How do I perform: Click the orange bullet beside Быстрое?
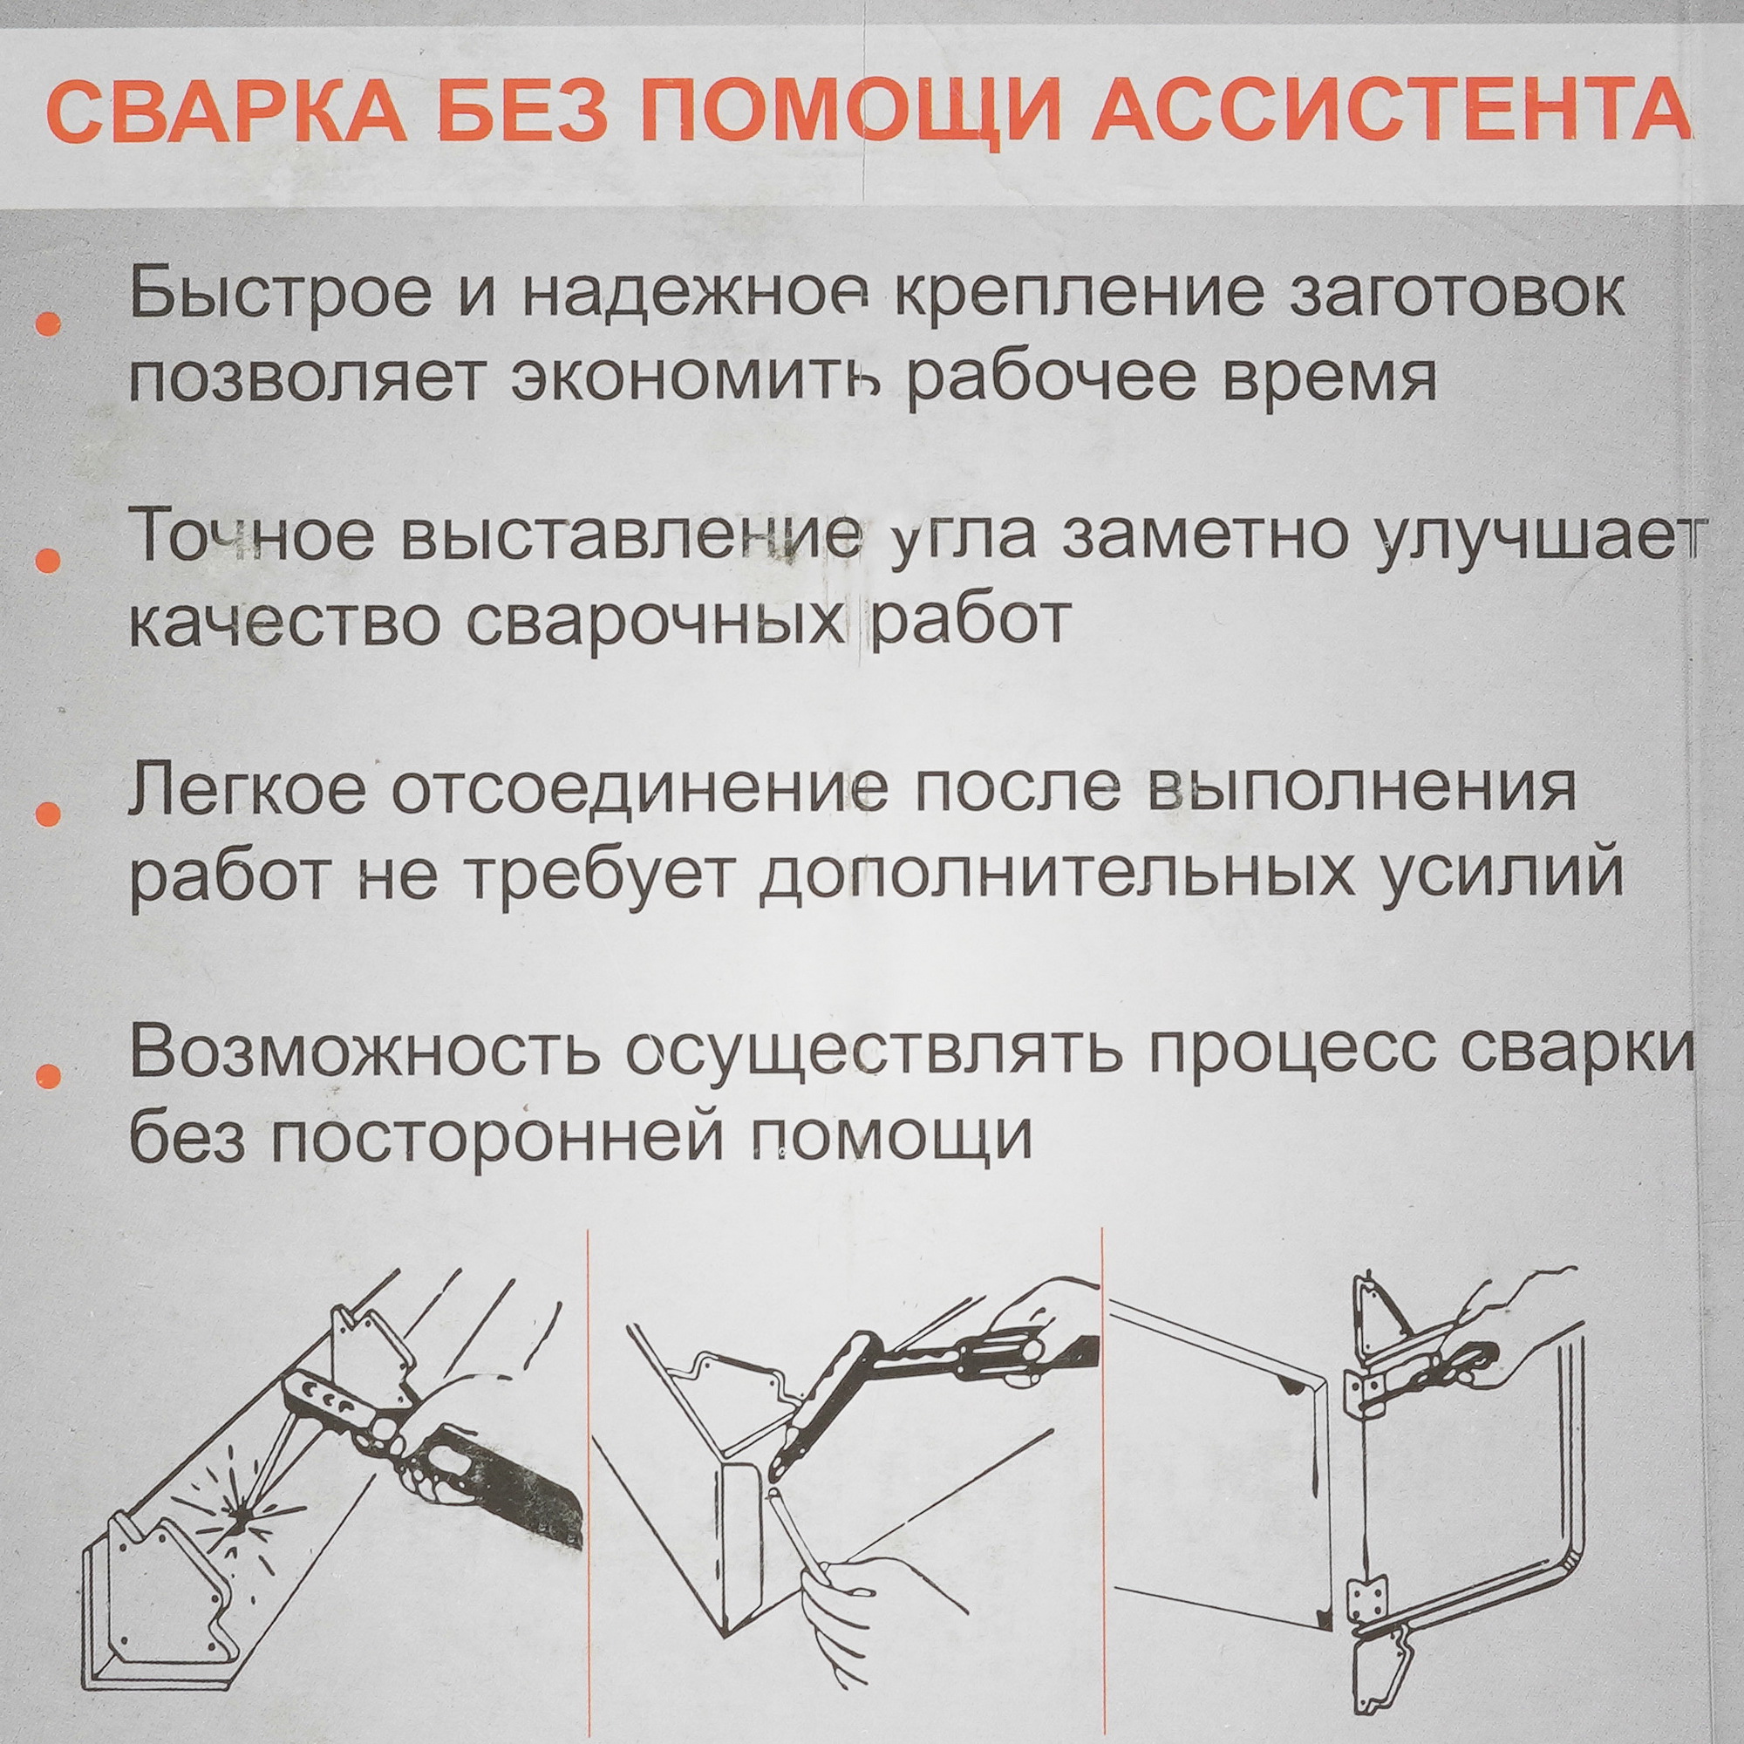tap(51, 325)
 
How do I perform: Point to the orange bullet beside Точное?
tap(51, 561)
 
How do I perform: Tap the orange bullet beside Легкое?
tap(51, 814)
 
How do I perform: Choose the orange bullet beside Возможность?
tap(51, 1074)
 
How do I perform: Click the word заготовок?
tap(1455, 296)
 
